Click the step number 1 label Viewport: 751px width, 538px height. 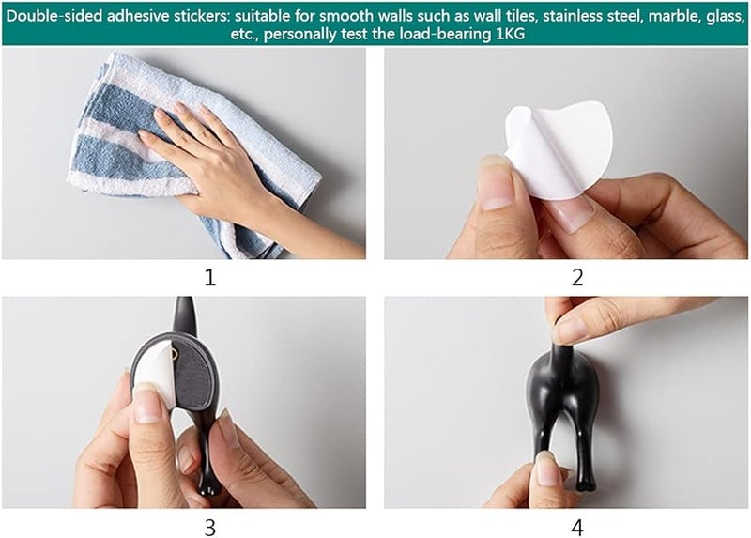(209, 277)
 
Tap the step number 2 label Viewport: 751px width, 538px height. (577, 277)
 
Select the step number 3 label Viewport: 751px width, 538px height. (209, 528)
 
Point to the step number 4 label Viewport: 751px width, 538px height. (577, 528)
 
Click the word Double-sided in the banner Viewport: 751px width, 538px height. (54, 16)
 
